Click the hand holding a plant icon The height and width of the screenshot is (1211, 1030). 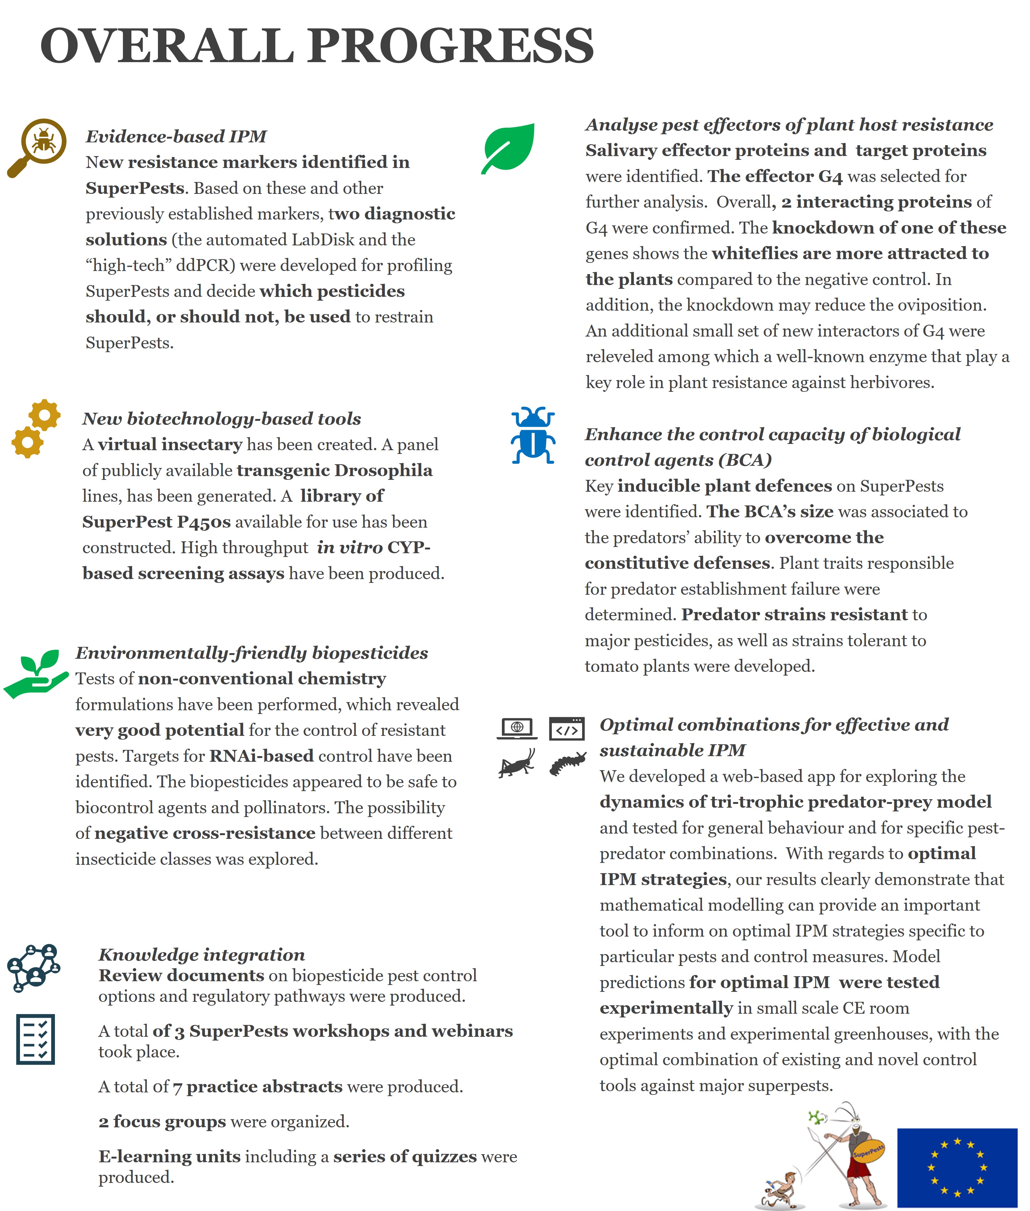[x=36, y=673]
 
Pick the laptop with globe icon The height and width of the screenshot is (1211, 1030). [x=517, y=728]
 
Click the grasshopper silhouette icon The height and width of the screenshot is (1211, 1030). [x=517, y=763]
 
